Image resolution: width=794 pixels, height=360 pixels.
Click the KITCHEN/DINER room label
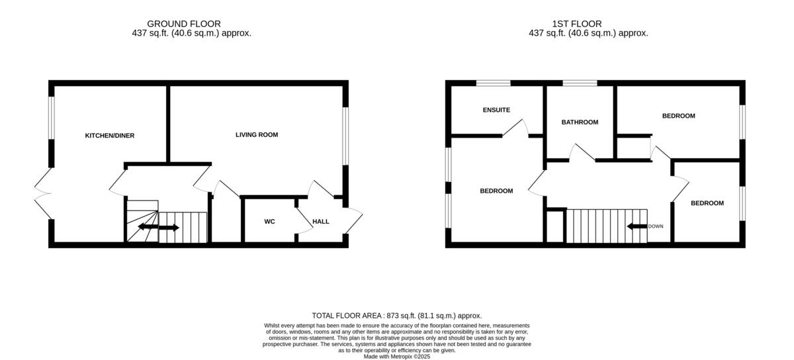[109, 136]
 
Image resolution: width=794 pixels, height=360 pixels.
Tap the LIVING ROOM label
[257, 135]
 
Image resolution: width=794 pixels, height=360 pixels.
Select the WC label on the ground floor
[269, 222]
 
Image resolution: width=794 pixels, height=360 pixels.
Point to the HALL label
[321, 222]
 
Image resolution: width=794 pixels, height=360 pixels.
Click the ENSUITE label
[496, 110]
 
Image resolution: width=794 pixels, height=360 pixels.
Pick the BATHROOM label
[580, 122]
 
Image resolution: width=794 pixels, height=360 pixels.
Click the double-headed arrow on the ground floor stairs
[157, 228]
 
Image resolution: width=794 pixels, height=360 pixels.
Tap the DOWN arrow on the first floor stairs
[637, 226]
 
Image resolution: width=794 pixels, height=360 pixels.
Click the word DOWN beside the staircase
[656, 226]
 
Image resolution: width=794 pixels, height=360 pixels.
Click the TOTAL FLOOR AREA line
[397, 316]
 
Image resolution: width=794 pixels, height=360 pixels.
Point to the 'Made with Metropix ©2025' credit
[397, 356]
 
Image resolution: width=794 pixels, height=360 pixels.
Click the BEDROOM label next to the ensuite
[496, 191]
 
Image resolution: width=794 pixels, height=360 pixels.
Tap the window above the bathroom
[580, 83]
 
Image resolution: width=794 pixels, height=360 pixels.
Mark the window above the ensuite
[494, 83]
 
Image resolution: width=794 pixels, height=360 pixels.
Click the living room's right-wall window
[345, 135]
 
